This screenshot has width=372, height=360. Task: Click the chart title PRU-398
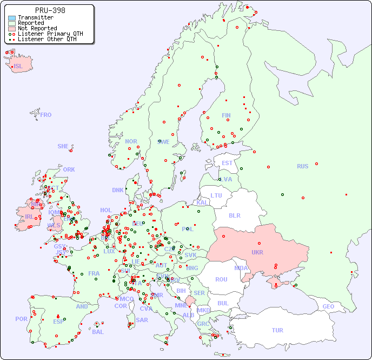tap(50, 10)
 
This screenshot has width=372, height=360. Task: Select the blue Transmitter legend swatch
tap(12, 18)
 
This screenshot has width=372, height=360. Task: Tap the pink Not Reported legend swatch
tap(12, 29)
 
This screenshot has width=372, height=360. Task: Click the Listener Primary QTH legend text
tap(50, 34)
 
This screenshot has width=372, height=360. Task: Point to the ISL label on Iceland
tap(18, 67)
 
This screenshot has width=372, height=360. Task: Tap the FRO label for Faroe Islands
tap(46, 115)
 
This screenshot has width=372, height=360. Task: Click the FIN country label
tap(226, 115)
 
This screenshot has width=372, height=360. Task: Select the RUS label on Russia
tap(302, 166)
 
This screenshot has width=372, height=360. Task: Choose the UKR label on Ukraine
tap(257, 252)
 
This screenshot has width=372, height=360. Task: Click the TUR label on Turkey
tap(277, 330)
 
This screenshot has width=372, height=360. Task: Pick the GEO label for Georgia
tap(328, 306)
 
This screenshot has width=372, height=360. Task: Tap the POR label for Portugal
tap(21, 319)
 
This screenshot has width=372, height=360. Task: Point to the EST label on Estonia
tap(227, 163)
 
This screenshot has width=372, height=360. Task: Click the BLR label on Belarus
tap(235, 215)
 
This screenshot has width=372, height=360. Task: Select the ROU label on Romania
tap(221, 279)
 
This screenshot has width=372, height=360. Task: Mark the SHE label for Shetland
tap(63, 146)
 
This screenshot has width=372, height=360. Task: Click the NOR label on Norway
tap(131, 141)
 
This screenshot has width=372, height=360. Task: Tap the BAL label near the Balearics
tap(97, 332)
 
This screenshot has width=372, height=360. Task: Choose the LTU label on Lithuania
tap(216, 195)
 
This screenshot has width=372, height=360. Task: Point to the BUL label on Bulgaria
tap(223, 303)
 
